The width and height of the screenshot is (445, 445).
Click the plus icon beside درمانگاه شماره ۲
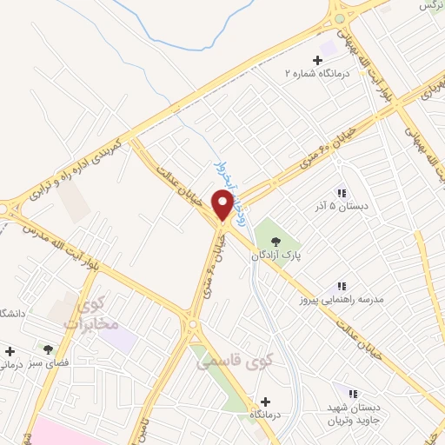317,60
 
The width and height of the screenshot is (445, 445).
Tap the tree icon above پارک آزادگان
276,241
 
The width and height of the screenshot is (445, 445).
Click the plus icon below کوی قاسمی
265,402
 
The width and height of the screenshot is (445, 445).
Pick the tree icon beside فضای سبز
48,349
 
